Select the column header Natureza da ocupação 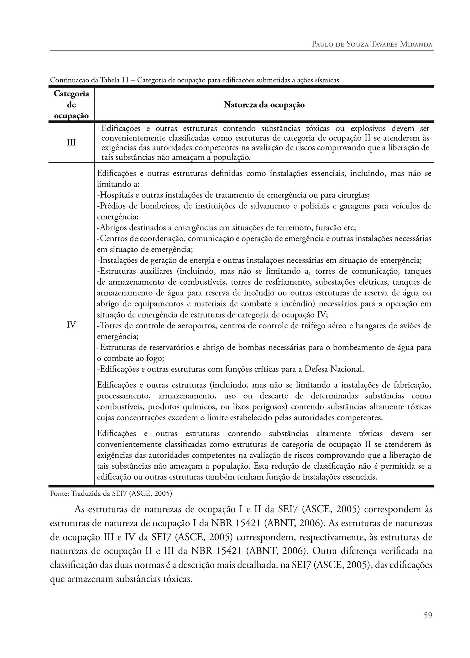[x=264, y=105]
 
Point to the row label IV [x=71, y=325]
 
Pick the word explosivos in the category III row [x=370, y=129]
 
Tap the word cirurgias [x=354, y=195]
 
